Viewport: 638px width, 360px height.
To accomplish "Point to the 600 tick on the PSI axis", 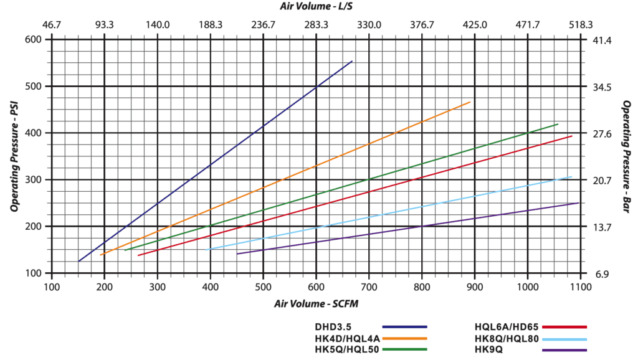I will (x=32, y=39).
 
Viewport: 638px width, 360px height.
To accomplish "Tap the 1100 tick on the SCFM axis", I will (x=581, y=288).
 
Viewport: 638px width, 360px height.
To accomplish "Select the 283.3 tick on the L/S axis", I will (x=316, y=25).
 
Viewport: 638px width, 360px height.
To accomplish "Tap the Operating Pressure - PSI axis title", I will (x=14, y=156).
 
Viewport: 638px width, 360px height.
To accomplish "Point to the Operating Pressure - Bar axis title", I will (x=625, y=156).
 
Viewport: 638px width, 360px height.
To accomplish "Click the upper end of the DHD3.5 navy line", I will (x=352, y=61).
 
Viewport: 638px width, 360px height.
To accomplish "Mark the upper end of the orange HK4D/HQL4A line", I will (x=470, y=102).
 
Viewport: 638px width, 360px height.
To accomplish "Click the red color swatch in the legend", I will (x=564, y=326).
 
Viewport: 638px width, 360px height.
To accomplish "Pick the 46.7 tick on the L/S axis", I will (x=51, y=25).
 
